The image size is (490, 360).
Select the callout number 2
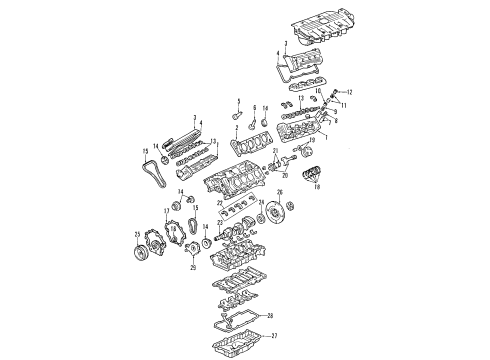[236, 128]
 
